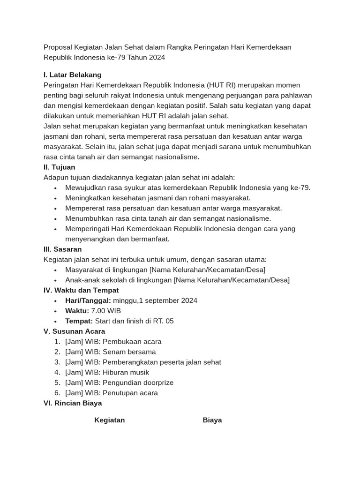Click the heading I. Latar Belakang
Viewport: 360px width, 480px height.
click(x=72, y=75)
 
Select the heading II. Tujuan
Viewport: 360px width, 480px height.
click(x=59, y=167)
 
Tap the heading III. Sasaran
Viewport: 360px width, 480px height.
click(x=62, y=249)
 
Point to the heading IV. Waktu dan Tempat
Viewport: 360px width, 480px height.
click(x=81, y=290)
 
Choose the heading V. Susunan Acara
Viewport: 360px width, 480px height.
click(x=74, y=331)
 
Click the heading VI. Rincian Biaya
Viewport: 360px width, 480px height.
click(x=72, y=403)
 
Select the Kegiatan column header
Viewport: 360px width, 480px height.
click(x=110, y=420)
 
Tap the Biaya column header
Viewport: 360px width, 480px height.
click(x=212, y=420)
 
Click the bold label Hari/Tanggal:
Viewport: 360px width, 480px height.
click(x=88, y=300)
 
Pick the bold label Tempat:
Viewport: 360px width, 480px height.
click(x=79, y=321)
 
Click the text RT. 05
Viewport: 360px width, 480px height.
click(x=163, y=321)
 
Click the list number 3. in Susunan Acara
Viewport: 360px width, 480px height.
click(x=57, y=362)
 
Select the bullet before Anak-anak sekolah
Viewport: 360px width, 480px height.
click(x=55, y=280)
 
